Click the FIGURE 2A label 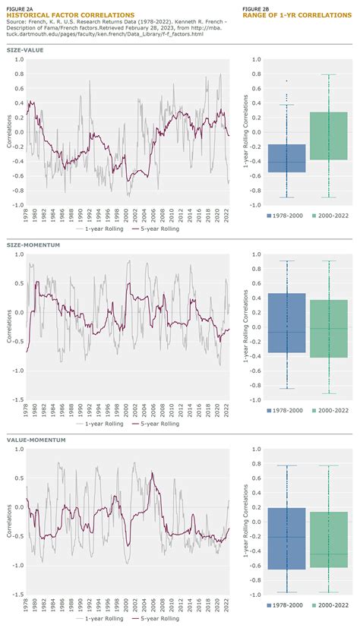click(21, 8)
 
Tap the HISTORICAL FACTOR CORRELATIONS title click(60, 15)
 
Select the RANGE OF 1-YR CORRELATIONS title click(285, 15)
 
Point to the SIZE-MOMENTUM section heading click(34, 245)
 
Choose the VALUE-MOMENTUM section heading click(36, 440)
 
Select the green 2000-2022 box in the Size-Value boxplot click(328, 136)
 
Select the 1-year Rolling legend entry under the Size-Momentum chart click(98, 424)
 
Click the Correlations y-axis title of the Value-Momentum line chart click(9, 524)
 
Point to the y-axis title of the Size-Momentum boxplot click(246, 327)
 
